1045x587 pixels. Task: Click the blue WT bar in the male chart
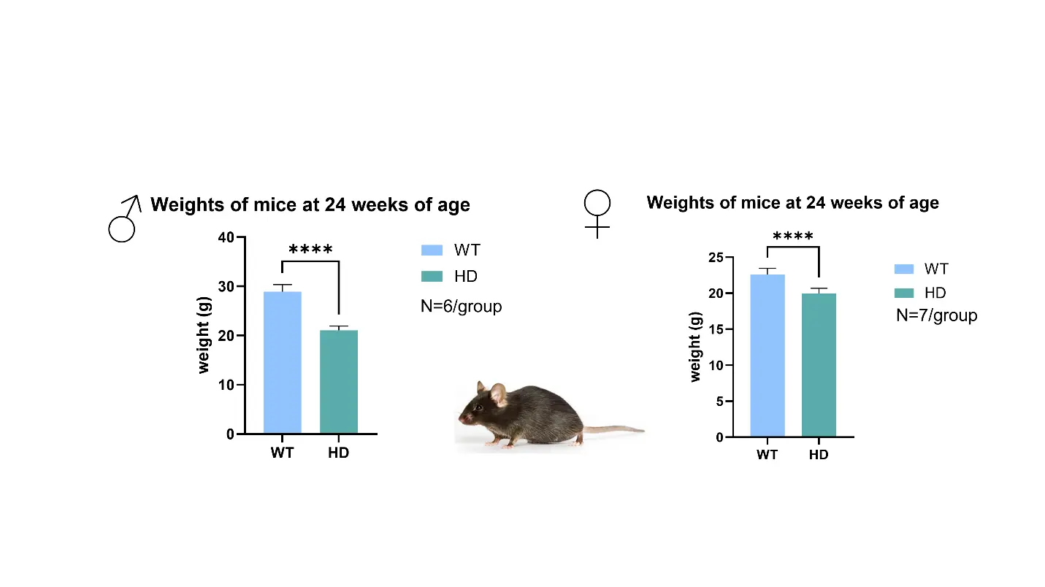[x=282, y=362]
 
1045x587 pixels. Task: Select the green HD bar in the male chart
[x=339, y=381]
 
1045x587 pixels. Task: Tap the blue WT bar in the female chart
[x=768, y=356]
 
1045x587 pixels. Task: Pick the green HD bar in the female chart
[x=819, y=364]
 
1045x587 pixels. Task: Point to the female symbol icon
[x=597, y=214]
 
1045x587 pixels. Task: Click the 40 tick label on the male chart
[x=226, y=237]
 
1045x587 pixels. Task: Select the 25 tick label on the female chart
[x=716, y=258]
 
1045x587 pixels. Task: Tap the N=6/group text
[x=461, y=307]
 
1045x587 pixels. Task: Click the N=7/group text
[x=936, y=315]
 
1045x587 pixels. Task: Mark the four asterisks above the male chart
[x=310, y=250]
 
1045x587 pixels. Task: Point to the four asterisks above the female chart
[x=793, y=236]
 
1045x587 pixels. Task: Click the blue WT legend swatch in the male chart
[x=432, y=250]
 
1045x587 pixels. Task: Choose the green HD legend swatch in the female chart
[x=904, y=293]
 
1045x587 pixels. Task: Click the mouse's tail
[x=614, y=429]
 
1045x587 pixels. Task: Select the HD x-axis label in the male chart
[x=338, y=453]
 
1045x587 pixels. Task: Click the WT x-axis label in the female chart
[x=767, y=455]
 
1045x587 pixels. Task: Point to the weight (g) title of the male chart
[x=204, y=335]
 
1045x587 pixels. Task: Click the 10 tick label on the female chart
[x=716, y=366]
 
